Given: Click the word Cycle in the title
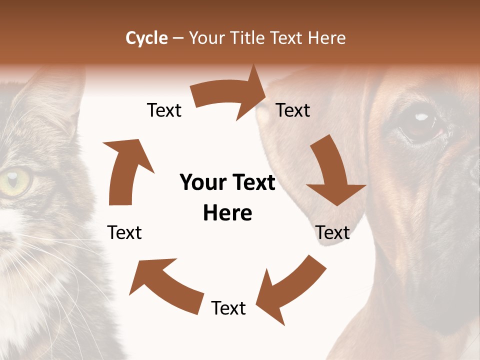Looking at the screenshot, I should [146, 38].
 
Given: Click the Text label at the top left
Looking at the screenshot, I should [164, 110].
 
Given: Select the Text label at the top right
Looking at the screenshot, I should [293, 110].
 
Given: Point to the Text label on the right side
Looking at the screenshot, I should [332, 233].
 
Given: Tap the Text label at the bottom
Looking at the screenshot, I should [228, 308].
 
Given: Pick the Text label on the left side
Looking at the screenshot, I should [124, 233].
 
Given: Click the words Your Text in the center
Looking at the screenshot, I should [227, 183].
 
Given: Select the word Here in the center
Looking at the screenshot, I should [227, 213].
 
